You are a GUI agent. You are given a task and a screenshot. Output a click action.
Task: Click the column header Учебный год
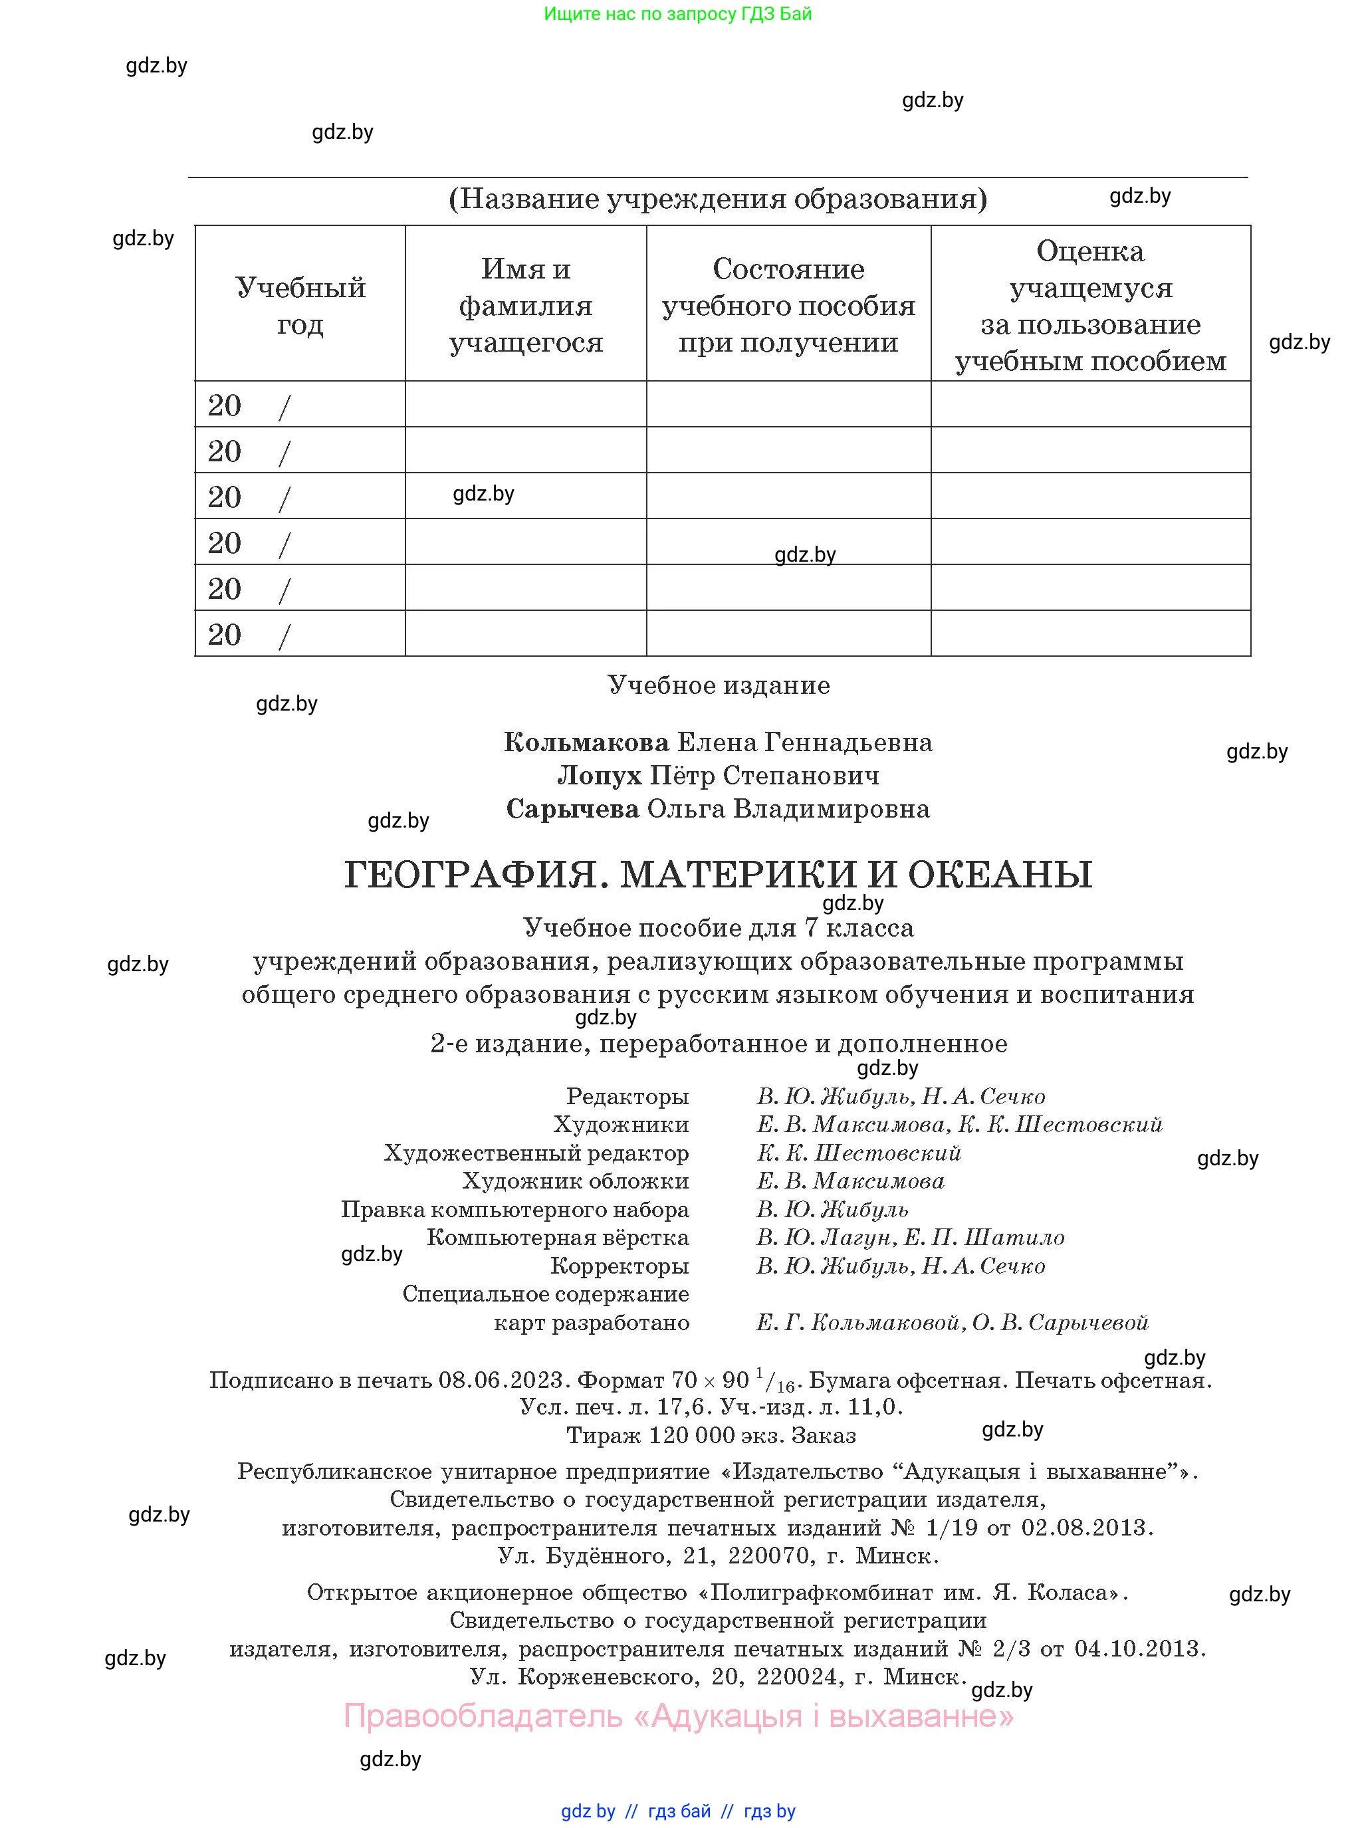click(x=300, y=305)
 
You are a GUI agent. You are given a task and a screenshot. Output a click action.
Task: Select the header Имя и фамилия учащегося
click(x=526, y=305)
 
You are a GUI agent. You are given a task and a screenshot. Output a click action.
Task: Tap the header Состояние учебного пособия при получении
click(x=788, y=305)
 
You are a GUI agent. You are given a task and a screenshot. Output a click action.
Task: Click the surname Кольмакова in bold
click(x=586, y=743)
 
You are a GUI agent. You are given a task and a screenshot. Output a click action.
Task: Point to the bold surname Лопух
click(x=600, y=775)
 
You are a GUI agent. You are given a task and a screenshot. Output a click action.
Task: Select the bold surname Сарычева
click(x=573, y=809)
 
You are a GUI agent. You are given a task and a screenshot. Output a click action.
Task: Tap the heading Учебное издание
click(x=719, y=685)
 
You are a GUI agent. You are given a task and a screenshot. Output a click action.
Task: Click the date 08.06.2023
click(x=501, y=1379)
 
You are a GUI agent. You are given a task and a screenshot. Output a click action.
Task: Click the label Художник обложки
click(x=576, y=1181)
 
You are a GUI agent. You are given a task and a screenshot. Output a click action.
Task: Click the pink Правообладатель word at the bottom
click(x=483, y=1716)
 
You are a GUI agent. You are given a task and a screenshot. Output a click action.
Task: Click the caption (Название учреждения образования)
click(x=718, y=198)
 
